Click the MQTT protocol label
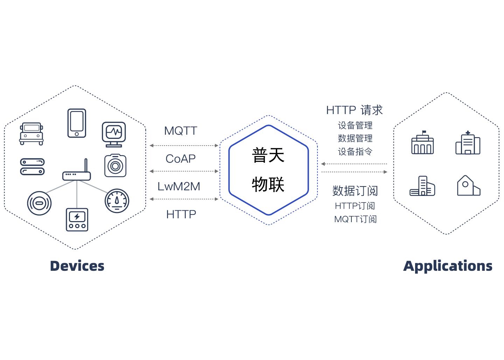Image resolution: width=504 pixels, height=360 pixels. pyautogui.click(x=181, y=131)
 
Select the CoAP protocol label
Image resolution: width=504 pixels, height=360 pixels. pyautogui.click(x=181, y=158)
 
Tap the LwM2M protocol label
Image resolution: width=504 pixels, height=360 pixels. pyautogui.click(x=179, y=186)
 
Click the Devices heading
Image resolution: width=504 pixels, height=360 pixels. pyautogui.click(x=77, y=266)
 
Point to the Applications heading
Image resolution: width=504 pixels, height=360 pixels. pyautogui.click(x=448, y=266)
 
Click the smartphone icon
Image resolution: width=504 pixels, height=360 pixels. pyautogui.click(x=77, y=123)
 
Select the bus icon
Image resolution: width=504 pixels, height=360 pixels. pyautogui.click(x=31, y=133)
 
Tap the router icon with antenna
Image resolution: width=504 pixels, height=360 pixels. pyautogui.click(x=77, y=171)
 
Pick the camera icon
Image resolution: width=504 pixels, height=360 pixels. pyautogui.click(x=115, y=165)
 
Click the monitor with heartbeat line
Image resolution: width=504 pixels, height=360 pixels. pyautogui.click(x=114, y=134)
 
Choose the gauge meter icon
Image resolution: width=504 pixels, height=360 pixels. pyautogui.click(x=117, y=201)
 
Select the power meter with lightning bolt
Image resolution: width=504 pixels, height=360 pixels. pyautogui.click(x=77, y=219)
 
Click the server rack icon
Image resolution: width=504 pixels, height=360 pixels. pyautogui.click(x=32, y=167)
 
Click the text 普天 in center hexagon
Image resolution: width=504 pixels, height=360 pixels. pyautogui.click(x=268, y=155)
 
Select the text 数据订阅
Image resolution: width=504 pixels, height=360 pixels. pyautogui.click(x=355, y=191)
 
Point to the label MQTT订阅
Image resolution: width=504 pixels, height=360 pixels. pyautogui.click(x=355, y=219)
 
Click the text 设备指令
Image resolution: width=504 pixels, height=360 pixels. pyautogui.click(x=355, y=151)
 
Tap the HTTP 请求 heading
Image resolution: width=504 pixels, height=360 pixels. pyautogui.click(x=354, y=110)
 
